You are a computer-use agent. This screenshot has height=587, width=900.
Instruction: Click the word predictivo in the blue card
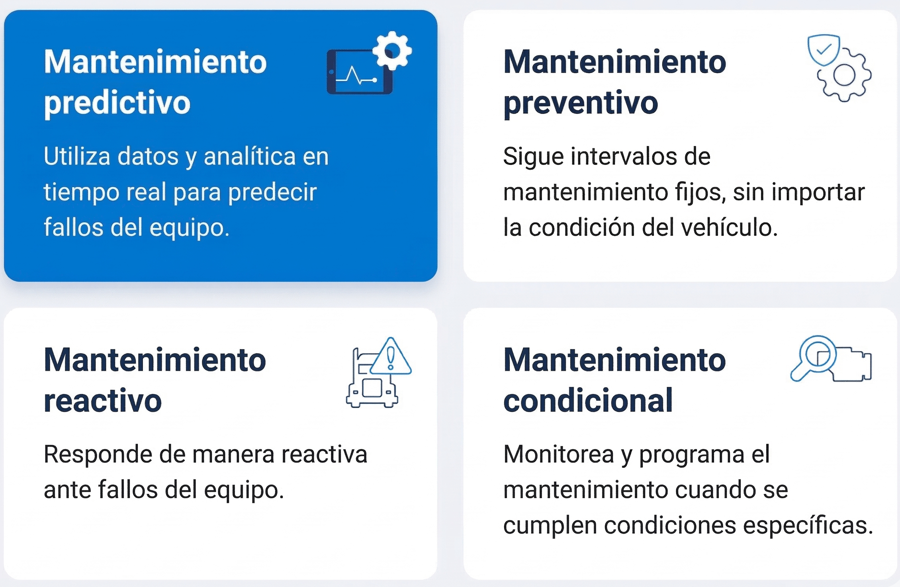(x=117, y=103)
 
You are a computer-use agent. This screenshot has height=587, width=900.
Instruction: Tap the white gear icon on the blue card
(x=392, y=51)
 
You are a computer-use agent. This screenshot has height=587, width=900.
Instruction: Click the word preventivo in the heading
(x=580, y=103)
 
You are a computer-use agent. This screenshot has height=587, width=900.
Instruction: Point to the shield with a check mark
(x=824, y=50)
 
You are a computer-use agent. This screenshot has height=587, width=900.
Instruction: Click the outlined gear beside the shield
(x=844, y=76)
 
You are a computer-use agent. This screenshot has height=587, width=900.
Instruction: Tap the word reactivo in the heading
(x=103, y=401)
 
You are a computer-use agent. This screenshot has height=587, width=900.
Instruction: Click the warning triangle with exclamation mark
(x=391, y=357)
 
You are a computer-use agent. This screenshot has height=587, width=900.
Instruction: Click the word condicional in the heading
(x=588, y=401)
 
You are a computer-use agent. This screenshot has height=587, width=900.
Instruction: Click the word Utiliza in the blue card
(x=76, y=156)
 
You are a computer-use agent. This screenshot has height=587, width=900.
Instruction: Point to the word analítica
(x=250, y=156)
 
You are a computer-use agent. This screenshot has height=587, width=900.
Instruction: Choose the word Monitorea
(x=558, y=454)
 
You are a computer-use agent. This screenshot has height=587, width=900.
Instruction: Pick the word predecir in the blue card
(x=272, y=193)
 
